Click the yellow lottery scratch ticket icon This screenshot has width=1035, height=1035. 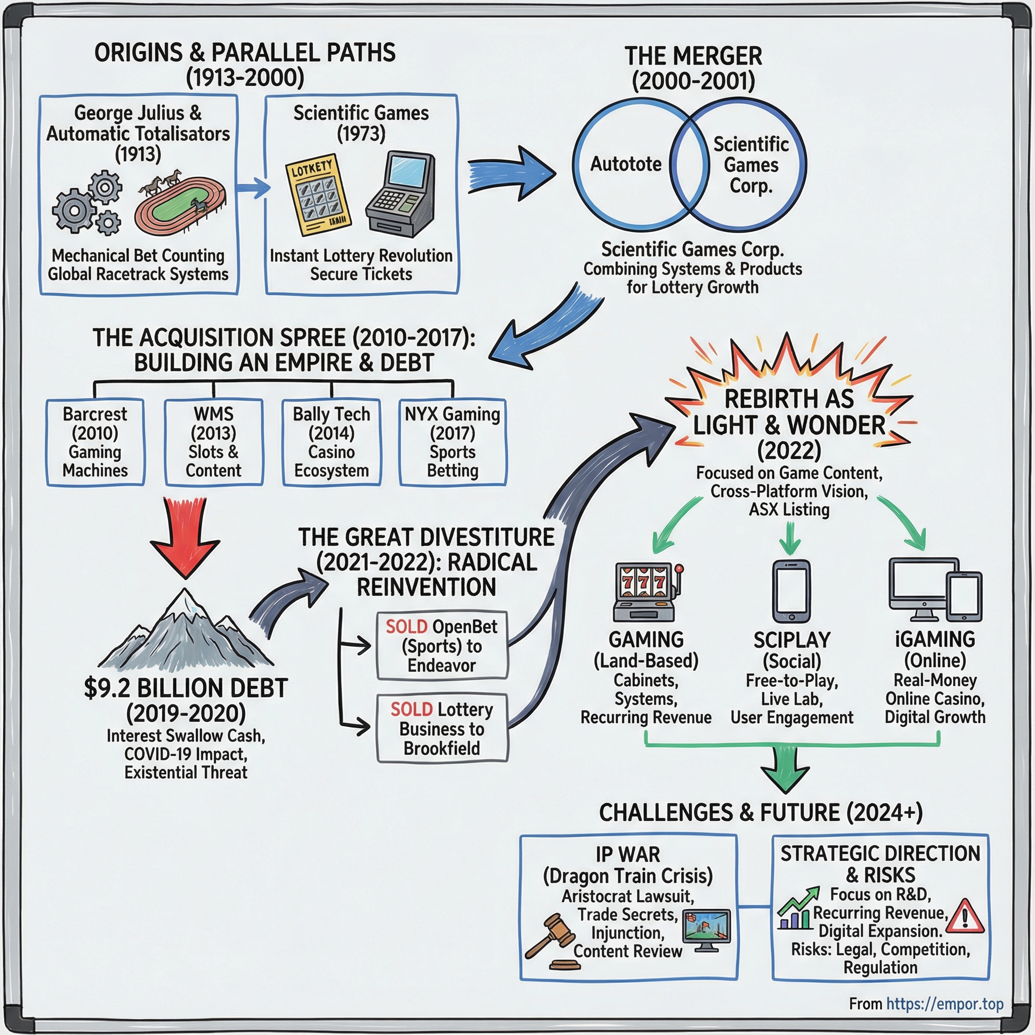pos(319,196)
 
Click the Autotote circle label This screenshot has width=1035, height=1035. pos(626,164)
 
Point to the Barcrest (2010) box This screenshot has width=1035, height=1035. pos(96,442)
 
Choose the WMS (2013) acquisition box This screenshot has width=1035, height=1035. pos(213,442)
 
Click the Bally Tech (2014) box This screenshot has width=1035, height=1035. pos(332,442)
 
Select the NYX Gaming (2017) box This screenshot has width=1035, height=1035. pos(453,442)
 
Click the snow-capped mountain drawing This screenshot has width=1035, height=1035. pos(186,632)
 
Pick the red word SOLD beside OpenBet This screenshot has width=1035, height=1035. pos(406,626)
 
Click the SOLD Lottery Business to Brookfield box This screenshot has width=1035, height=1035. pos(442,729)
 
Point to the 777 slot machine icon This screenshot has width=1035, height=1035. pos(646,591)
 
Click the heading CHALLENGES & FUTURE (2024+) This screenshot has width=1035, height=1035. pos(761,813)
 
